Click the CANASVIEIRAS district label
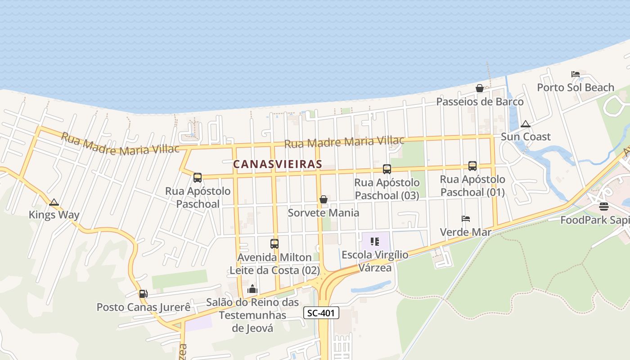click(278, 164)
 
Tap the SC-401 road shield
click(321, 313)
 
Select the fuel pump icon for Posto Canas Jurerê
click(143, 294)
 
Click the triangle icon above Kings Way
click(54, 202)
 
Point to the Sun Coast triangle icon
click(525, 124)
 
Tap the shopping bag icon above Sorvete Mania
click(323, 199)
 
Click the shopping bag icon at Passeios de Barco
click(480, 88)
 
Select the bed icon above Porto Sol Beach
click(575, 74)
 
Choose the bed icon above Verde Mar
click(466, 219)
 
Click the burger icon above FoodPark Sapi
click(604, 207)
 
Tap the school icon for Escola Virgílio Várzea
click(375, 242)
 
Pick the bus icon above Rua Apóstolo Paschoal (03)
click(387, 169)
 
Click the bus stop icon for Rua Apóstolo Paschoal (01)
click(472, 166)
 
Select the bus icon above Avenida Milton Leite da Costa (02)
click(274, 244)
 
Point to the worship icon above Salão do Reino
click(252, 289)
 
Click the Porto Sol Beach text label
click(576, 87)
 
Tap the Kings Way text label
click(54, 215)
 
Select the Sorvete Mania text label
click(323, 212)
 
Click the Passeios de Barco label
click(480, 101)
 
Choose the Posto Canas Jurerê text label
click(144, 307)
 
